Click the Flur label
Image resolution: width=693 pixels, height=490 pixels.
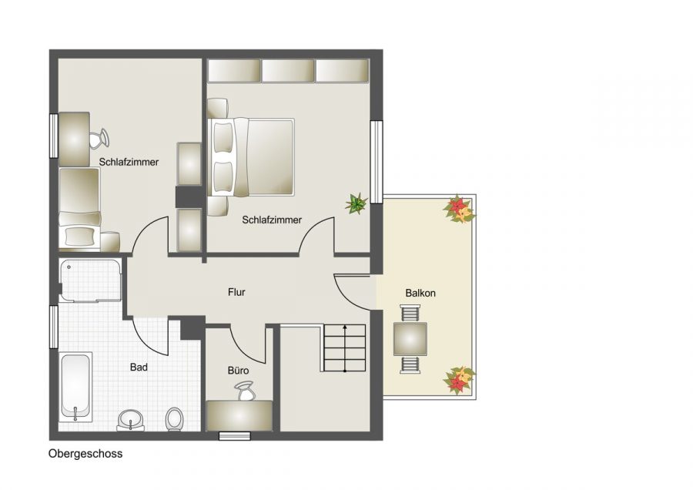click(236, 293)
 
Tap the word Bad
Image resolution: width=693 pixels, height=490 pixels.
click(139, 367)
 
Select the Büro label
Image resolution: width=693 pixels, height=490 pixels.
click(238, 371)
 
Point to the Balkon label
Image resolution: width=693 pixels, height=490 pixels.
click(420, 294)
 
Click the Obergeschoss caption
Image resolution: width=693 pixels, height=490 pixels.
click(85, 455)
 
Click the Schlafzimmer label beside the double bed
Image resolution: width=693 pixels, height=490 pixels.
click(272, 220)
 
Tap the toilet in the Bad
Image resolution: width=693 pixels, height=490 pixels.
click(174, 418)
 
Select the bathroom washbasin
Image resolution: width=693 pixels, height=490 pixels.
click(131, 420)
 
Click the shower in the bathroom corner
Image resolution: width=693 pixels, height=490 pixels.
click(91, 280)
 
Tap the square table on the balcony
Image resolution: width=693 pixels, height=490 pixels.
click(410, 338)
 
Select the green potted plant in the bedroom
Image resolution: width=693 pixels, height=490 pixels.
click(356, 204)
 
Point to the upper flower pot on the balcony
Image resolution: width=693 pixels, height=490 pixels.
click(459, 209)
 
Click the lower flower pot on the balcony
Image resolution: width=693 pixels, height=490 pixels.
click(460, 380)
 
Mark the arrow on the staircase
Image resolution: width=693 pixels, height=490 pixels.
click(344, 347)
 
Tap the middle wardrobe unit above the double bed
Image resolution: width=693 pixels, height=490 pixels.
click(288, 71)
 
